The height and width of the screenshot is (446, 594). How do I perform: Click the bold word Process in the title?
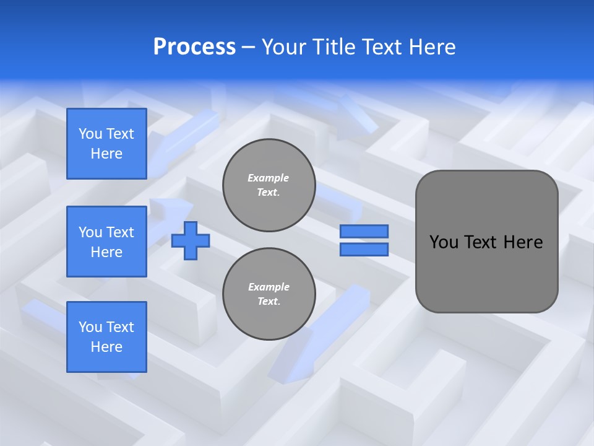coord(194,47)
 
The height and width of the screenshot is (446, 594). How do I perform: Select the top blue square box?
coord(106,144)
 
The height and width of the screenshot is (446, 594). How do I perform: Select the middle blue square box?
coord(106,242)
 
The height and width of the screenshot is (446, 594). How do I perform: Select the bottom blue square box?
coord(106,337)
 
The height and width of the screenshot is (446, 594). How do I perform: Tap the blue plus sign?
coord(191,240)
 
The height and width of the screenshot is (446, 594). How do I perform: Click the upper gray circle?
coord(269,185)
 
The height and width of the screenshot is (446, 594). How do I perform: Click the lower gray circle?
coord(269,294)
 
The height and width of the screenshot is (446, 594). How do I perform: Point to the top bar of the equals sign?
coord(364,232)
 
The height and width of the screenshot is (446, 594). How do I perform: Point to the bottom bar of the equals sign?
coord(364,249)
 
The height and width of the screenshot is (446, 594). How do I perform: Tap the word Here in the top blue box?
coord(106,154)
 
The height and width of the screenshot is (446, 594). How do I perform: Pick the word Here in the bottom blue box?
coord(106,347)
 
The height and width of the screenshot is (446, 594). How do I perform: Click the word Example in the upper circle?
coord(269,178)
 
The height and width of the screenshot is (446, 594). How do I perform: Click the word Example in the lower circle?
coord(269,287)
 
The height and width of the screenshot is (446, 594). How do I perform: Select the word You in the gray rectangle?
coord(444,242)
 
